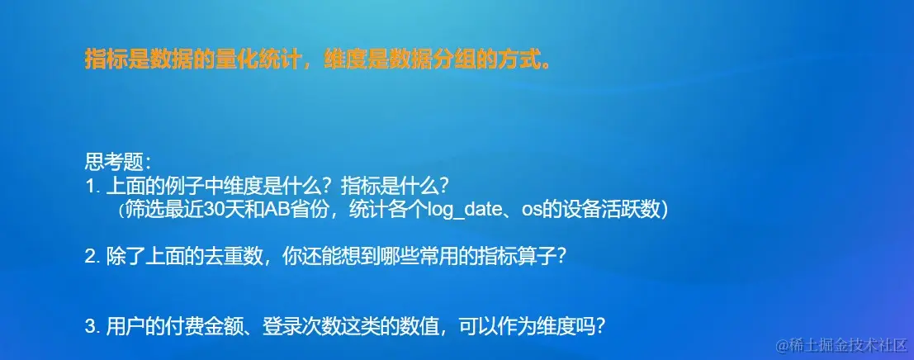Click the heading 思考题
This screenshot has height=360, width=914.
point(113,160)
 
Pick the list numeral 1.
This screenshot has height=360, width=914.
point(90,184)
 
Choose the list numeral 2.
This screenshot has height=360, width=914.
point(90,257)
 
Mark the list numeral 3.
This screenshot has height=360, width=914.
point(90,326)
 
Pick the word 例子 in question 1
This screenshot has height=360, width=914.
point(199,184)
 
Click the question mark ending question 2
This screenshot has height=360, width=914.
point(561,257)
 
